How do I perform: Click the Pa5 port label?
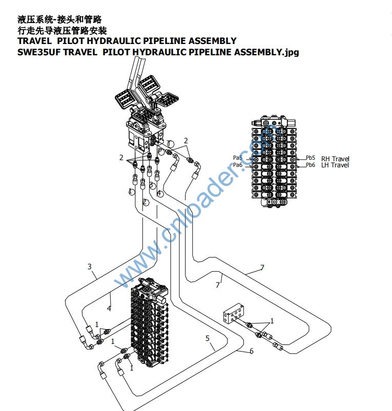point(238,158)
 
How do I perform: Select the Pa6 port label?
point(238,165)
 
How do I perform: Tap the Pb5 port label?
point(311,158)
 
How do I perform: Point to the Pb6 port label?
point(311,165)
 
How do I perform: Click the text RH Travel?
point(335,159)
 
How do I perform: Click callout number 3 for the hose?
point(90,267)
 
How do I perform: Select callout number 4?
point(109,308)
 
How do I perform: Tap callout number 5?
point(208,338)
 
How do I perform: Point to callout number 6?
point(252,351)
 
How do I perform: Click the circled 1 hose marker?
point(132,191)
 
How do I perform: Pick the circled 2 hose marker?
point(146,203)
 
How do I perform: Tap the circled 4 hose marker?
point(160,193)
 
